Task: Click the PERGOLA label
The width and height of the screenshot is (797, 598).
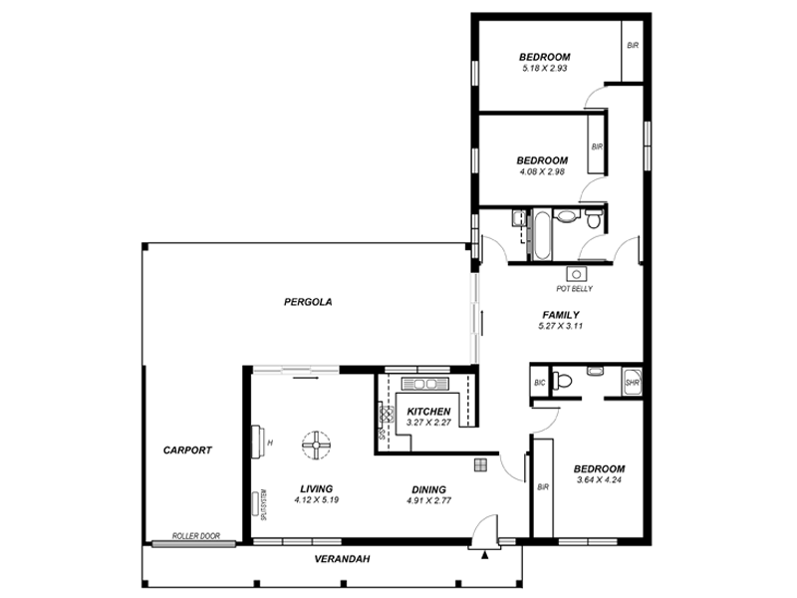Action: (x=307, y=301)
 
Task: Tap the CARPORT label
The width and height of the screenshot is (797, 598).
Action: (x=187, y=450)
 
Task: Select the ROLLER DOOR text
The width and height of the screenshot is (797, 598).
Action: (x=195, y=536)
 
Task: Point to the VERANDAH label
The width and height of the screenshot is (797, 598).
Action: (x=342, y=559)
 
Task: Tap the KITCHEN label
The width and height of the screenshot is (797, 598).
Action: (x=429, y=412)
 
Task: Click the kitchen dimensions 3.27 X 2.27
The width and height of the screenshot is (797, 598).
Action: (x=429, y=423)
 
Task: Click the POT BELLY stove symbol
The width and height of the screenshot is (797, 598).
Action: (x=575, y=273)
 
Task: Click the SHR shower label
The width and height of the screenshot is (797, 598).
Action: (x=632, y=382)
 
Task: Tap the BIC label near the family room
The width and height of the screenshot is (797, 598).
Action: (x=539, y=382)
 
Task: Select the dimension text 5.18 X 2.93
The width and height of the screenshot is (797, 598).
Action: (x=543, y=68)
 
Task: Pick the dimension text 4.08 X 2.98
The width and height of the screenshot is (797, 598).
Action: (x=542, y=171)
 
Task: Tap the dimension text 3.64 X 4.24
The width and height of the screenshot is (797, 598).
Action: (x=599, y=480)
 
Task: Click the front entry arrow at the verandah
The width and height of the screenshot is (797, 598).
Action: (x=484, y=556)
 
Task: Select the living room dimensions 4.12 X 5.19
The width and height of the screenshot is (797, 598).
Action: (x=316, y=499)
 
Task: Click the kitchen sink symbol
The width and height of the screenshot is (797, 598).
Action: (x=426, y=383)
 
